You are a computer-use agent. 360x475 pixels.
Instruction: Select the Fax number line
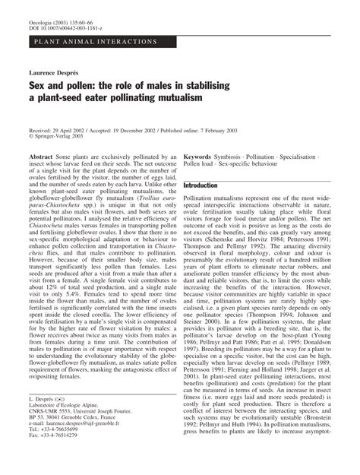click(57, 463)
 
